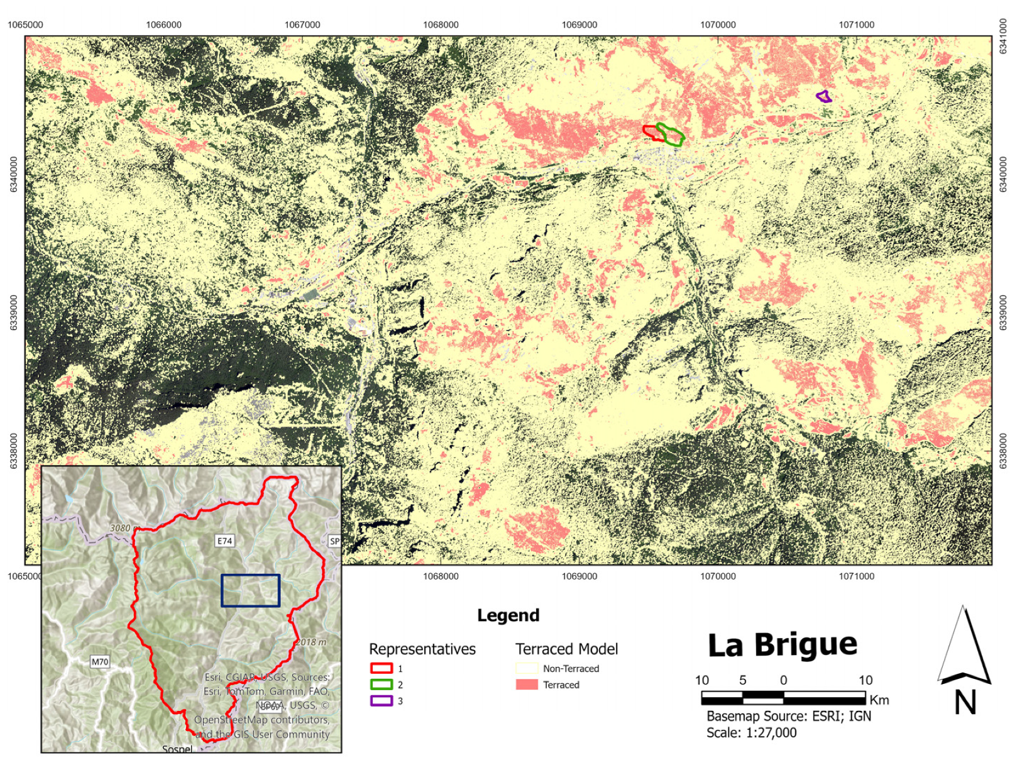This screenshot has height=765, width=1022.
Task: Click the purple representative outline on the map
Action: click(x=824, y=97)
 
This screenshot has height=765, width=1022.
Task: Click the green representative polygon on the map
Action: click(x=671, y=135)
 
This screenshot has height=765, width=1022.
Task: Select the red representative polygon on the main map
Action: click(x=651, y=132)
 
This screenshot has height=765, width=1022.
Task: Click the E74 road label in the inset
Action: click(x=224, y=541)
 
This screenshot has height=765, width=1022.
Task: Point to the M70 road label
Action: click(x=99, y=661)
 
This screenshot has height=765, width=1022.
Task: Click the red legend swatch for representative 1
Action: click(x=381, y=668)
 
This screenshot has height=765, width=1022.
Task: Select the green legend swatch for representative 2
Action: click(x=381, y=685)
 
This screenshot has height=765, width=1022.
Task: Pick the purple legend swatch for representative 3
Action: click(x=381, y=701)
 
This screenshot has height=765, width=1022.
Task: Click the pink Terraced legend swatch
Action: click(x=527, y=685)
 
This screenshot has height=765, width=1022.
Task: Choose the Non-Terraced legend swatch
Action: click(x=527, y=668)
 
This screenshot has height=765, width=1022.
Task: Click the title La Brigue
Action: click(x=782, y=645)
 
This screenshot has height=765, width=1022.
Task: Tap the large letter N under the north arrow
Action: click(x=965, y=703)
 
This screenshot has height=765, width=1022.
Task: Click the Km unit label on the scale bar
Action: click(x=879, y=700)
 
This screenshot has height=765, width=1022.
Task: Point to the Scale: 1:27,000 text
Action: click(x=751, y=733)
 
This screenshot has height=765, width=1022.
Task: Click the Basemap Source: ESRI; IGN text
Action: click(x=788, y=716)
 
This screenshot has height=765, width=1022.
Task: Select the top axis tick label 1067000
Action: click(x=302, y=25)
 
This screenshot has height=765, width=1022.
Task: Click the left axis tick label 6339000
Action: click(x=14, y=312)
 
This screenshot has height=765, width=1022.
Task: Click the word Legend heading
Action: click(x=508, y=615)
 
